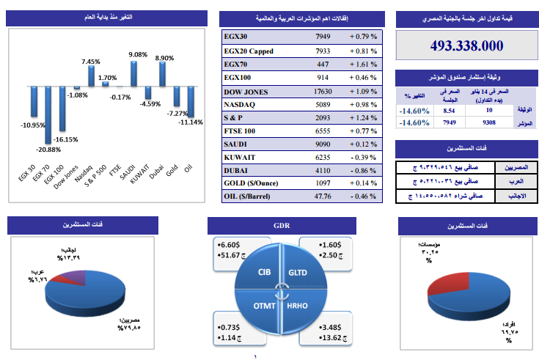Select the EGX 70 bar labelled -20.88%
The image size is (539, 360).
pos(48,114)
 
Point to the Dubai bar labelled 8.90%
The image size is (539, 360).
pos(163,75)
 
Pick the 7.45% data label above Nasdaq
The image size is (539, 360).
pos(91,62)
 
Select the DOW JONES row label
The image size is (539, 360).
pos(246,92)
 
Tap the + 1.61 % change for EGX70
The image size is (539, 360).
pos(363,65)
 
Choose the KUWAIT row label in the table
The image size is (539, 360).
pos(241,157)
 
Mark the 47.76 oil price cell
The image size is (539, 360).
pos(323,196)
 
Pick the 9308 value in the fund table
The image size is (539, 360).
pos(479,123)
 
